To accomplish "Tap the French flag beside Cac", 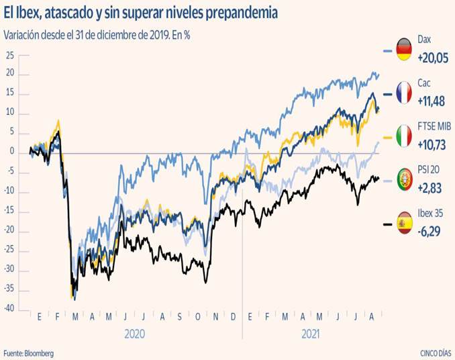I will pos(404,93).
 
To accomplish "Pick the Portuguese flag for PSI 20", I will pos(404,179).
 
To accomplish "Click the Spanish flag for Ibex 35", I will pos(404,222).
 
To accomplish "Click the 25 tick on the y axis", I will pos(10,56).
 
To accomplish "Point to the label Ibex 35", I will pos(431,214).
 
